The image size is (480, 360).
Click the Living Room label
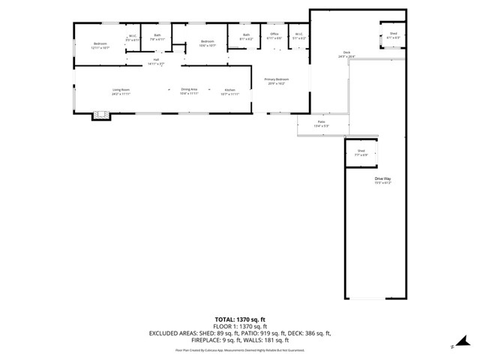121,91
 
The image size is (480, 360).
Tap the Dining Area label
189,91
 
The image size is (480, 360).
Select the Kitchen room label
229,92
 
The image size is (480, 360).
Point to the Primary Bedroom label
276,81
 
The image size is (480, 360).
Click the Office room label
274,35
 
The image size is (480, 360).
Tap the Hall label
156,61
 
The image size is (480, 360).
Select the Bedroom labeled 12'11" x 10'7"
101,46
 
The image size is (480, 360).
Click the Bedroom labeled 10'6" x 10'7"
207,43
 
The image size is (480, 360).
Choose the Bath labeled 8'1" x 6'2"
246,36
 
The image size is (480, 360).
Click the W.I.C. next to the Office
298,36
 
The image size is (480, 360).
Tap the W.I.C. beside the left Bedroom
132,37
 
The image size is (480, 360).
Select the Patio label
321,123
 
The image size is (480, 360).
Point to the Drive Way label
383,180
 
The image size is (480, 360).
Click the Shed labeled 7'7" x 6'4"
361,152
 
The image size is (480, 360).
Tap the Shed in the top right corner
393,35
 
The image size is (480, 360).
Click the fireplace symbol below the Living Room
100,115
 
